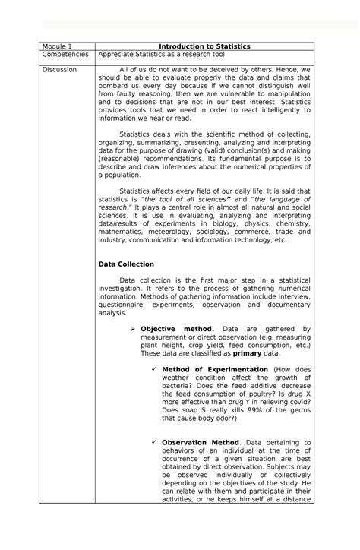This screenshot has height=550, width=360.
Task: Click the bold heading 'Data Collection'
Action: point(127,264)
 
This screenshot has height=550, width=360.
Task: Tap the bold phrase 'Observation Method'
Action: point(201,441)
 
